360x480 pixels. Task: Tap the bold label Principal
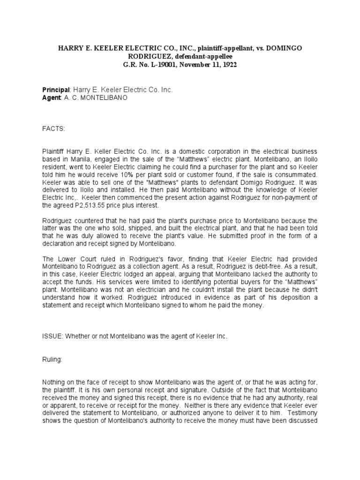(x=56, y=89)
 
